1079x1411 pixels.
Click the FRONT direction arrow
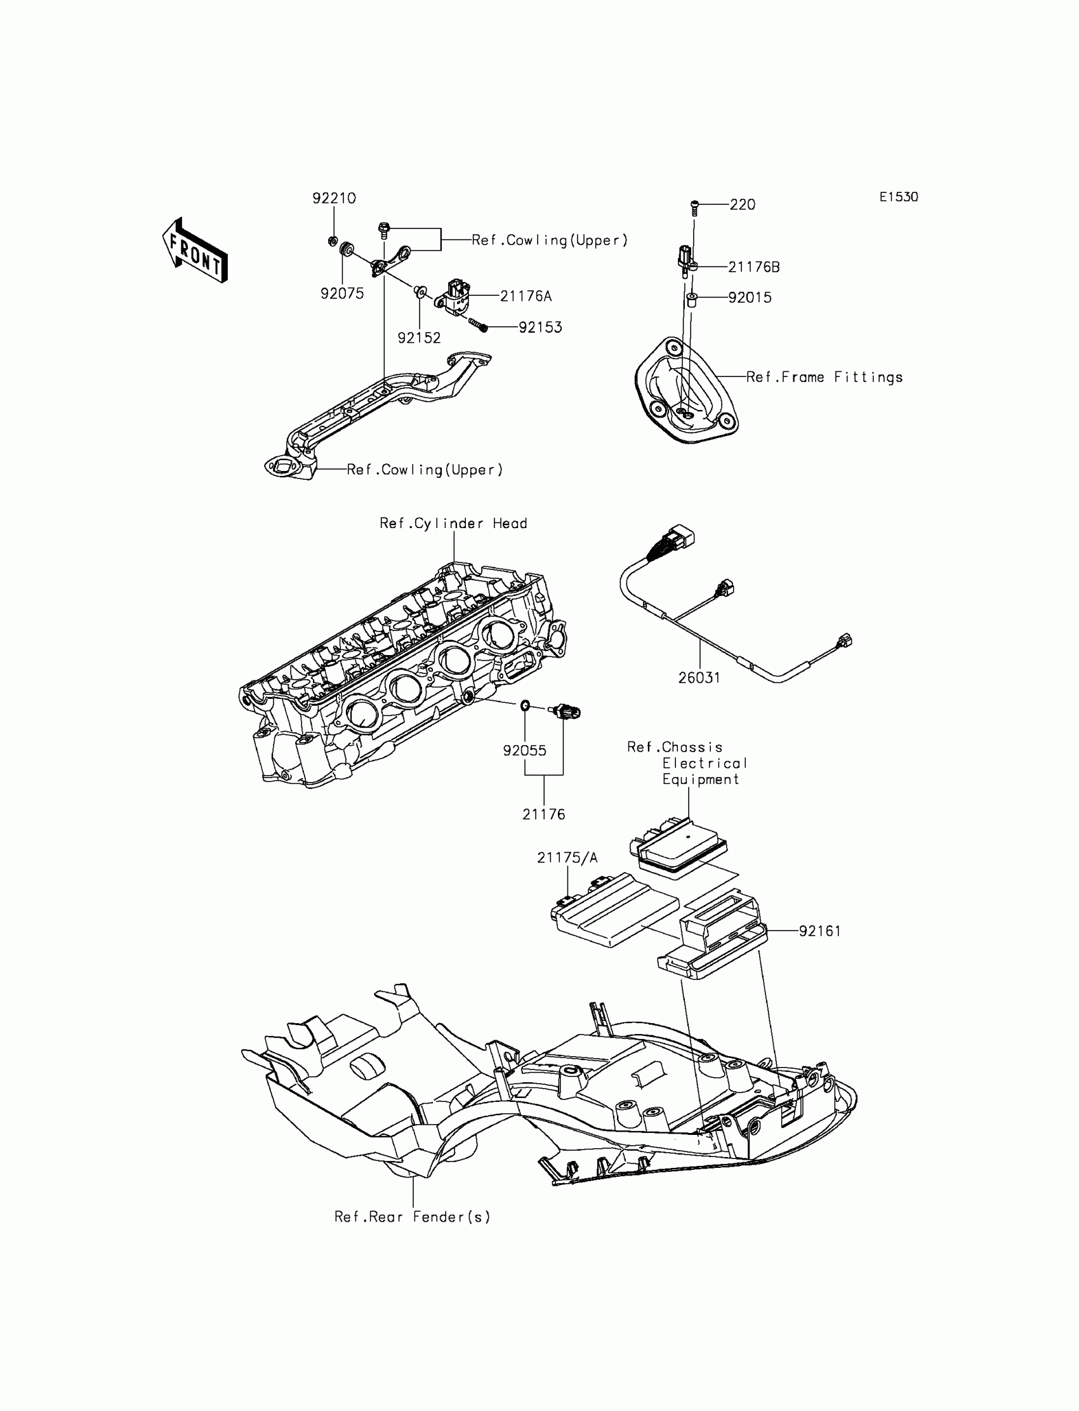pos(195,251)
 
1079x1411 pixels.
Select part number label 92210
pos(334,199)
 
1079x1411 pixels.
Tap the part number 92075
pos(342,293)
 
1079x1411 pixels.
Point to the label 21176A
pos(526,296)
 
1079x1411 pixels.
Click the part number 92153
pos(540,328)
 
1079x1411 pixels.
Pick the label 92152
pos(419,338)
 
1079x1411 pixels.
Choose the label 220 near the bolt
pos(743,205)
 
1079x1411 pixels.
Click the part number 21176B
pos(754,267)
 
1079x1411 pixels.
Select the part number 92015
pos(750,298)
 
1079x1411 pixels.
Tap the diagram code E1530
pos(899,197)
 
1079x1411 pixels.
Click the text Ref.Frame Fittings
pos(824,378)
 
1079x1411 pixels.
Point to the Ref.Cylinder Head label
pos(453,524)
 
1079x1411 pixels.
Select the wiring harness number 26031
pos(699,677)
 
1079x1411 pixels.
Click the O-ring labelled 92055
pos(525,706)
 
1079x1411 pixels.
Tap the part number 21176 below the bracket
pos(543,814)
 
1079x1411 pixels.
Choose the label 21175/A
pos(567,858)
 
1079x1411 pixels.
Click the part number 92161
pos(819,931)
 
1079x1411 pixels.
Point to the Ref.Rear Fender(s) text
pos(413,1217)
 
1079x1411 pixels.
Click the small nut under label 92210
pos(332,241)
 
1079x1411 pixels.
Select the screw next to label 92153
pos(477,325)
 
